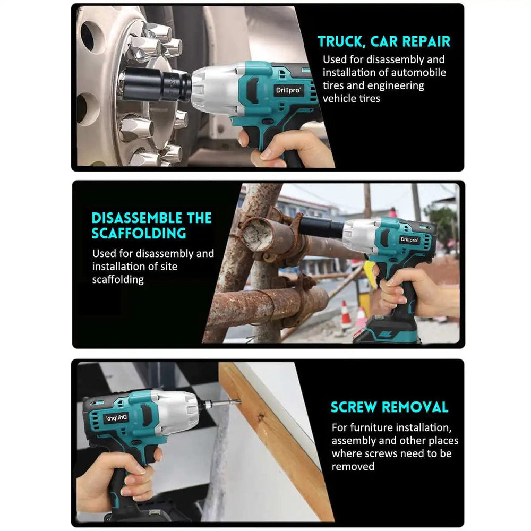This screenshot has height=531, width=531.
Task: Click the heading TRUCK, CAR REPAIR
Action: [383, 41]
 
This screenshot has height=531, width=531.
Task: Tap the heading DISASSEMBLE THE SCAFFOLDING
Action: [151, 225]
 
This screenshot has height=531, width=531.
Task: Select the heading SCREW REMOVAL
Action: [389, 407]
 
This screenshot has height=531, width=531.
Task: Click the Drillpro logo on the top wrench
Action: [287, 89]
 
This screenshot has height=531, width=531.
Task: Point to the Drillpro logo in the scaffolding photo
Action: [409, 239]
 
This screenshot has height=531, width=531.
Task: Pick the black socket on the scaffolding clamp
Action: [321, 226]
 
